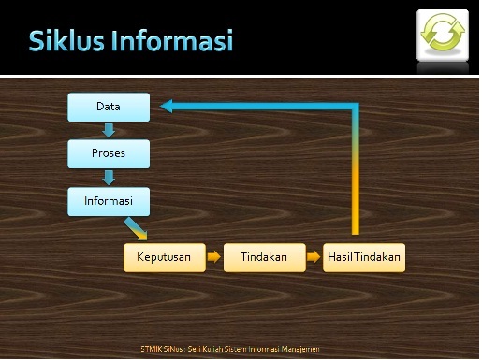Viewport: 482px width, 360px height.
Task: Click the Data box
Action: tap(109, 108)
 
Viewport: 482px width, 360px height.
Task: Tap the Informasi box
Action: tap(109, 199)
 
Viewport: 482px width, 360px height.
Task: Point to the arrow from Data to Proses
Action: tap(109, 130)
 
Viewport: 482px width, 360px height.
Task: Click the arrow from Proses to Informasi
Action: tap(109, 176)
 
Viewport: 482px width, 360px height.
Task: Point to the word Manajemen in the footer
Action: tap(299, 349)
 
